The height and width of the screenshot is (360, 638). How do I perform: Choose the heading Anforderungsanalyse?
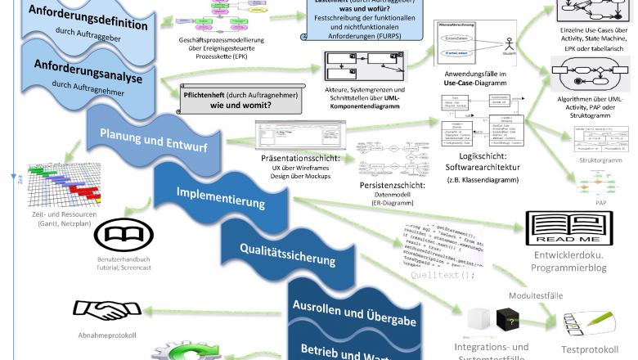(88, 70)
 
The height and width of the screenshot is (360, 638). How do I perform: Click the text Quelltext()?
(443, 275)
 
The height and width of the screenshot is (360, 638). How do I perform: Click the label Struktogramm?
(600, 161)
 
